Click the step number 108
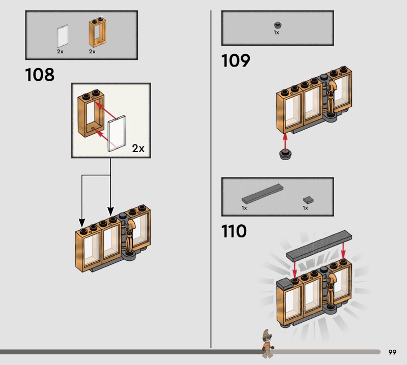click(40, 74)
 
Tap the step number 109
click(236, 60)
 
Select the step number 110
click(234, 231)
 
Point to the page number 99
click(392, 352)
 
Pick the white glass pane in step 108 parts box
click(63, 36)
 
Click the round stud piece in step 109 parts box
click(278, 25)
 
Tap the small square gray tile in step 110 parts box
click(308, 200)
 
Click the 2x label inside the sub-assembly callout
click(138, 148)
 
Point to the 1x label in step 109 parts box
click(276, 33)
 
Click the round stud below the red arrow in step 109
click(285, 155)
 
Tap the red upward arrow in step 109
click(285, 142)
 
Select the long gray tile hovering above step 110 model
click(319, 246)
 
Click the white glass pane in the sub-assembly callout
click(117, 133)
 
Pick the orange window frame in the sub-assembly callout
click(91, 113)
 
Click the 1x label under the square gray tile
click(305, 208)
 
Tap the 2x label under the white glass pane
click(60, 52)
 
